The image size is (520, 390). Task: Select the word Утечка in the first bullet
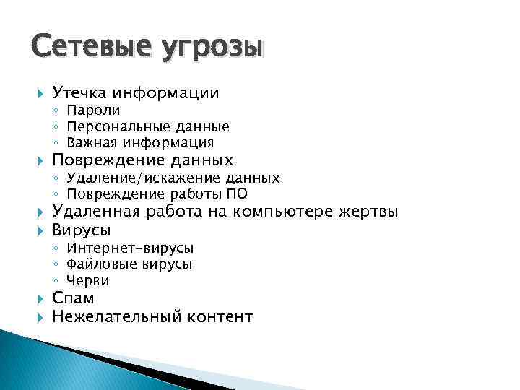coord(78,92)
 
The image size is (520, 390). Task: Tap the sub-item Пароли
coord(93,110)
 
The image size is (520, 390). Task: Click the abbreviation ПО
coord(238,194)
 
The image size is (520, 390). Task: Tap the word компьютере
coord(292,212)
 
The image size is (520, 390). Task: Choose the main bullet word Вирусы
coord(82,230)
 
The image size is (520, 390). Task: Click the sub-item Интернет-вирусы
coord(130,248)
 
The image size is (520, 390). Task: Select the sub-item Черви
coord(88,280)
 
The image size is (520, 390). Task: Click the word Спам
coord(74,298)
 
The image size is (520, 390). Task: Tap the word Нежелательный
coord(117,316)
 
